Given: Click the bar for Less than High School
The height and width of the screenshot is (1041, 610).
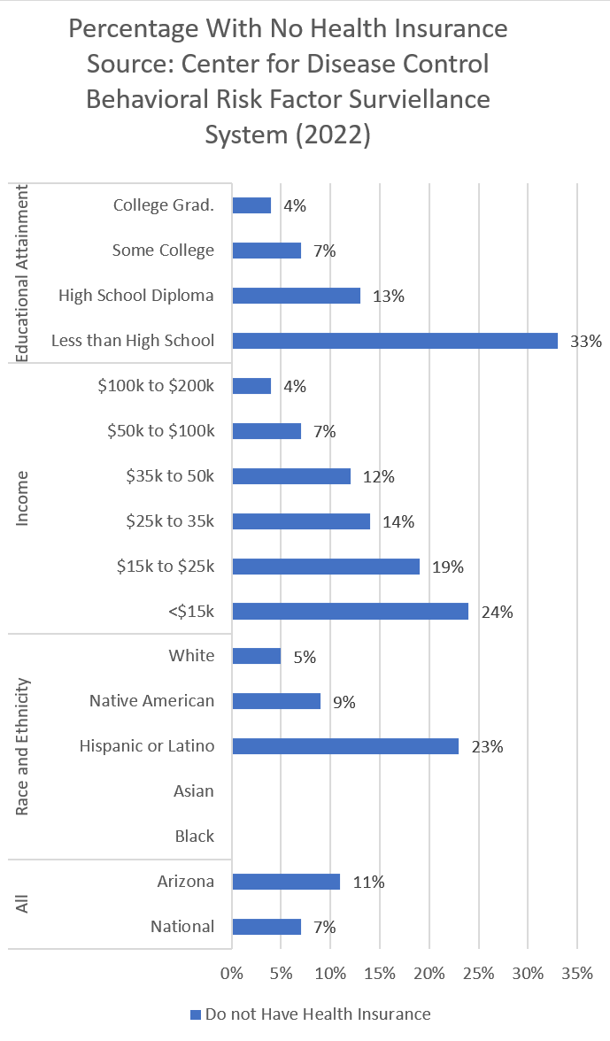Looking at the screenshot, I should coord(395,341).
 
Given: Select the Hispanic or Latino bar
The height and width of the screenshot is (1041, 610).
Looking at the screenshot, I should coord(345,746).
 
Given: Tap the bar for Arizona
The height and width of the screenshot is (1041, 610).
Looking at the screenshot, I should coord(286,882).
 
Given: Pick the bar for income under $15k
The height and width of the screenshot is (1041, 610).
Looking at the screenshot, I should coord(350,611).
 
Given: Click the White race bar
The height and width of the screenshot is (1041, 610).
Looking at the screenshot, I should coord(256,656).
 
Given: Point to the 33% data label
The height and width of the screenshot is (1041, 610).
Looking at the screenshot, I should coord(586,342).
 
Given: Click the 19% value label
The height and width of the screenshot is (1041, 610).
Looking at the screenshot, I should coord(448,567).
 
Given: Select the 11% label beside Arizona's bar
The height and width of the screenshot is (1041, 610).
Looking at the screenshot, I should coord(369,883).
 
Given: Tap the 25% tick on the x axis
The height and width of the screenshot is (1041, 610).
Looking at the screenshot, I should coord(478,974).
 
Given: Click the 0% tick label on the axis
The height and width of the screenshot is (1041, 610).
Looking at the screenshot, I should coord(232,974).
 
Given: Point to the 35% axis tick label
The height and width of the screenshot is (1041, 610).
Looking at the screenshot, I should coord(577,974).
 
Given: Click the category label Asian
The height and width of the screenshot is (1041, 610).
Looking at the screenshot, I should coord(194,791).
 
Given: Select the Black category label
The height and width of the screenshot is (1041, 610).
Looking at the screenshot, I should coord(195,837).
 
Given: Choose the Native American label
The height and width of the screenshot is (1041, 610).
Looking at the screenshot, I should coord(151,701).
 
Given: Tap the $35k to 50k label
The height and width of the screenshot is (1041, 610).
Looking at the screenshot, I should coord(170,475).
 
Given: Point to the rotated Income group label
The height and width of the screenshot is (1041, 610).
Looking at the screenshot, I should coord(23,498).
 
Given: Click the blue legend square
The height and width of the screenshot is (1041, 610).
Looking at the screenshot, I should coord(195,1014).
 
